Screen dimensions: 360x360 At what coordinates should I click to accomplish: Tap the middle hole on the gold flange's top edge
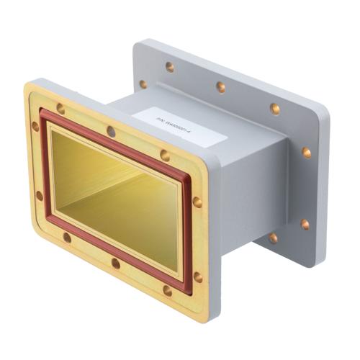[110, 131]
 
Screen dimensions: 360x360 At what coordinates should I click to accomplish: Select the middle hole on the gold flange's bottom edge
[115, 263]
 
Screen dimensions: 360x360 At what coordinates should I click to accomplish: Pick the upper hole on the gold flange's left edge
[35, 126]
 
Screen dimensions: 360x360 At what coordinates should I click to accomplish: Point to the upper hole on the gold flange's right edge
[197, 202]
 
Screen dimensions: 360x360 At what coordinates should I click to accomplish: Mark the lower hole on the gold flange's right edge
[198, 276]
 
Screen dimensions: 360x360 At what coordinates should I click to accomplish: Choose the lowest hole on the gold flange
[167, 291]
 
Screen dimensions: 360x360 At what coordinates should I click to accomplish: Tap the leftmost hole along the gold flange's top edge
[60, 109]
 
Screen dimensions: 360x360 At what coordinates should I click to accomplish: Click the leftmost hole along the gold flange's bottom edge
[67, 237]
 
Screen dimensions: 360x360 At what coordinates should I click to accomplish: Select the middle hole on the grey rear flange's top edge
[220, 87]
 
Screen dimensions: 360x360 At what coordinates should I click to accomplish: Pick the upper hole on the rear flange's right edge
[306, 153]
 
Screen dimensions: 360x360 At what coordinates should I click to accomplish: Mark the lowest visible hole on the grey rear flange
[273, 238]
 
